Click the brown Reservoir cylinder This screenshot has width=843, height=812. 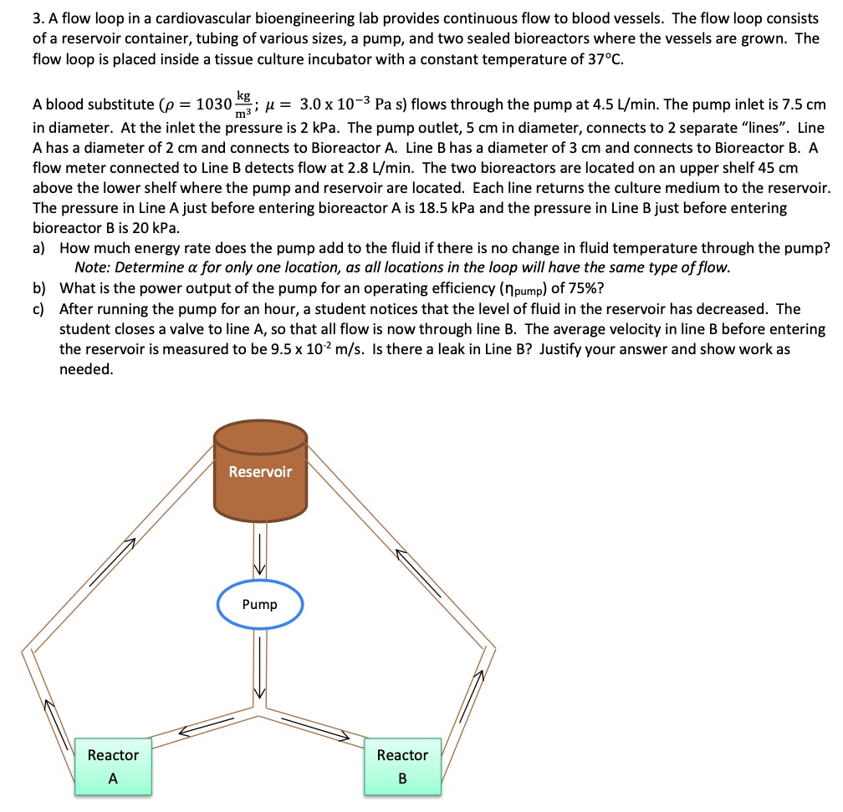pos(260,472)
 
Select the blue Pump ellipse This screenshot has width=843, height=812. pos(259,604)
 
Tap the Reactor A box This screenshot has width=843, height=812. pos(113,766)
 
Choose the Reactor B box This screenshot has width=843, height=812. pos(402,766)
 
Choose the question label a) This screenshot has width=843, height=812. pos(39,248)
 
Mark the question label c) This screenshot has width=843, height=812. pos(39,309)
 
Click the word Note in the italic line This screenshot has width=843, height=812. pos(91,268)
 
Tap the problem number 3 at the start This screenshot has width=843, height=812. pos(37,18)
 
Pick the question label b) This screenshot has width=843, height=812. pos(39,289)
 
